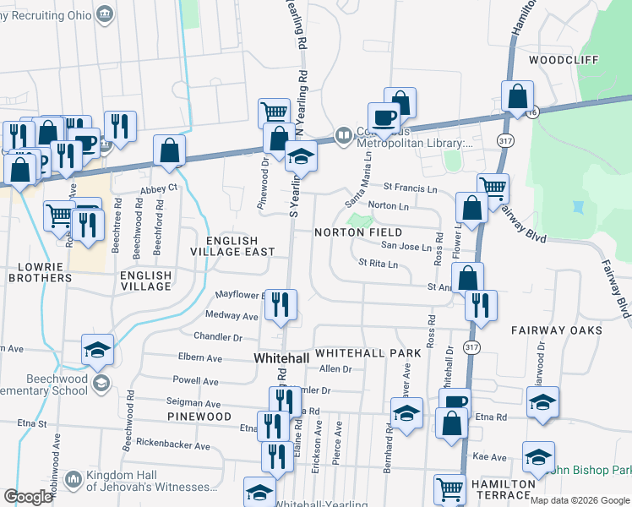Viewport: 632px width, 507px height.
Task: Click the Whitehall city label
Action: [281, 359]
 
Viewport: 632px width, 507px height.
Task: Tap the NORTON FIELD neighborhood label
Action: [359, 232]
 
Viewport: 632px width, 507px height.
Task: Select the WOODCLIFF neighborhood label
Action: [564, 60]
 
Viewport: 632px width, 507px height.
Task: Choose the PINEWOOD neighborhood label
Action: [199, 417]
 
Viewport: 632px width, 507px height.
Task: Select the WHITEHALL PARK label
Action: [368, 352]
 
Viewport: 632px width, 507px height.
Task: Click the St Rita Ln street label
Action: [377, 264]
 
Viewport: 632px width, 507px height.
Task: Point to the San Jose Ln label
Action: [406, 246]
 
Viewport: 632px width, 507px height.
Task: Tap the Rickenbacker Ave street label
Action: [173, 445]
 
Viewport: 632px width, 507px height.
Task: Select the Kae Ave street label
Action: [489, 457]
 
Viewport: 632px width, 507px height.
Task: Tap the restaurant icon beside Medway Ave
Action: [281, 304]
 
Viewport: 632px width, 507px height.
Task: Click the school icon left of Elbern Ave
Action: [98, 349]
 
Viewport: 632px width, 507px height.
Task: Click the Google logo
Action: [29, 497]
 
